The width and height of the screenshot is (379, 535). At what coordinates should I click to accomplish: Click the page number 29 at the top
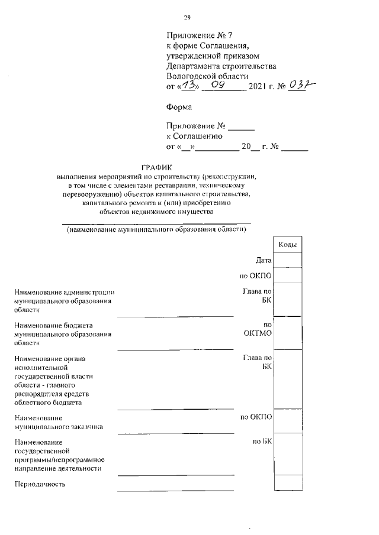187,17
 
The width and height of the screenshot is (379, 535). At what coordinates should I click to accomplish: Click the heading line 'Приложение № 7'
197,35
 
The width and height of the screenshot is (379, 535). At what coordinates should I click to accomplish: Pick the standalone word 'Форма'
180,108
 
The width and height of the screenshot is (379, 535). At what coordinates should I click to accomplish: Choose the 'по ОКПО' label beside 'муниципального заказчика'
256,417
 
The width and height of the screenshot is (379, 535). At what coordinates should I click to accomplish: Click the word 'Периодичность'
40,485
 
